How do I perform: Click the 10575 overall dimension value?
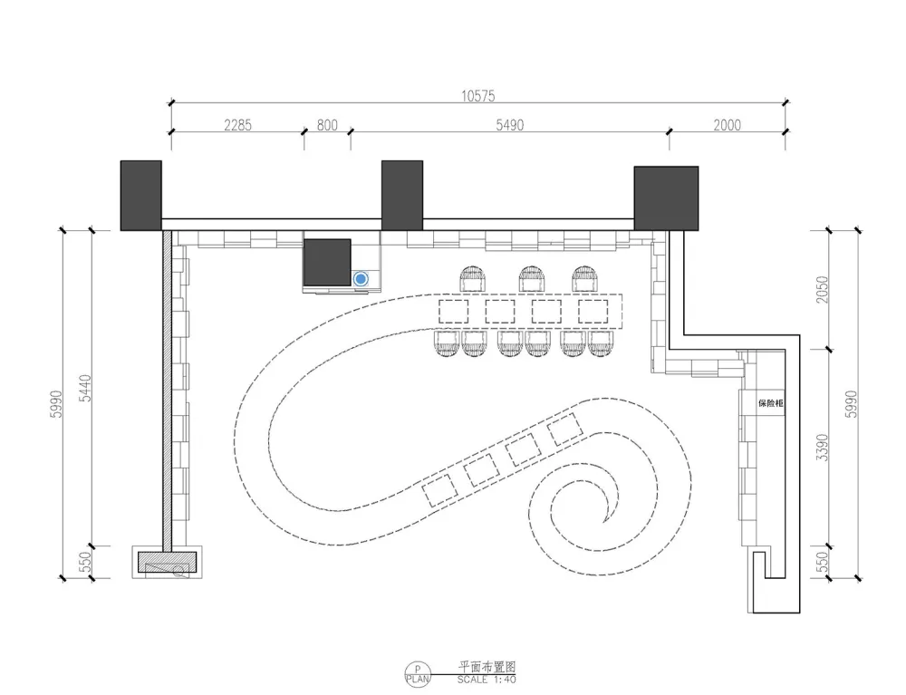coord(477,96)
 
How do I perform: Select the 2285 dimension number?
coord(237,125)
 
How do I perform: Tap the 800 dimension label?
coord(327,125)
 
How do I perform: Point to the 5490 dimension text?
coord(509,125)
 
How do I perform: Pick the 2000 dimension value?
coord(727,125)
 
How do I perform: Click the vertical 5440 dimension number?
coord(85,388)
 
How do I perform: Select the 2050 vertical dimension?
coord(822,290)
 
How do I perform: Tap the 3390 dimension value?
coord(822,448)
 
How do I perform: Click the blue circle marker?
coord(361,279)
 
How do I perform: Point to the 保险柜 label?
coord(771,403)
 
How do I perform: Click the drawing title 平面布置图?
coord(487,667)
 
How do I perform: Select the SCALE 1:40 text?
coord(487,680)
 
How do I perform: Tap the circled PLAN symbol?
coord(418,674)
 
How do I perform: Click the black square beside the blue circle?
coord(327,262)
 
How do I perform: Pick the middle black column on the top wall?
coord(402,196)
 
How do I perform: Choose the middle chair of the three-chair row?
coord(532,280)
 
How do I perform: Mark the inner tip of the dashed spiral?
coord(605,522)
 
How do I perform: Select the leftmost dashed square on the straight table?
coord(454,312)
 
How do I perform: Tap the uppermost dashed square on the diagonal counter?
coord(565,430)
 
